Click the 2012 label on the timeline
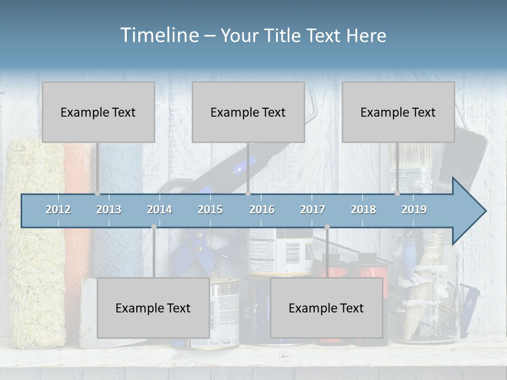click(x=58, y=210)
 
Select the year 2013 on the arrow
click(x=109, y=210)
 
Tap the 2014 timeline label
click(x=159, y=210)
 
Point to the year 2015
click(x=210, y=210)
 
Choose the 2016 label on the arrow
click(x=262, y=210)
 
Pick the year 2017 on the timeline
click(x=313, y=210)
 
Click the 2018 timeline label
click(x=363, y=210)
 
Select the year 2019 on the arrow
click(x=414, y=210)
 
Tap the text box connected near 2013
click(x=98, y=112)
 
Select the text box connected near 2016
click(x=248, y=112)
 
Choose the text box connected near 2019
click(x=398, y=112)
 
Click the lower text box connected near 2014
click(x=153, y=308)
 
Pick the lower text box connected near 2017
click(x=326, y=308)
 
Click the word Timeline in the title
click(x=159, y=35)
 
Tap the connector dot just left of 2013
click(x=98, y=194)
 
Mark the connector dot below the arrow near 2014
click(x=154, y=227)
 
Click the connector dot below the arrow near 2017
click(x=327, y=227)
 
